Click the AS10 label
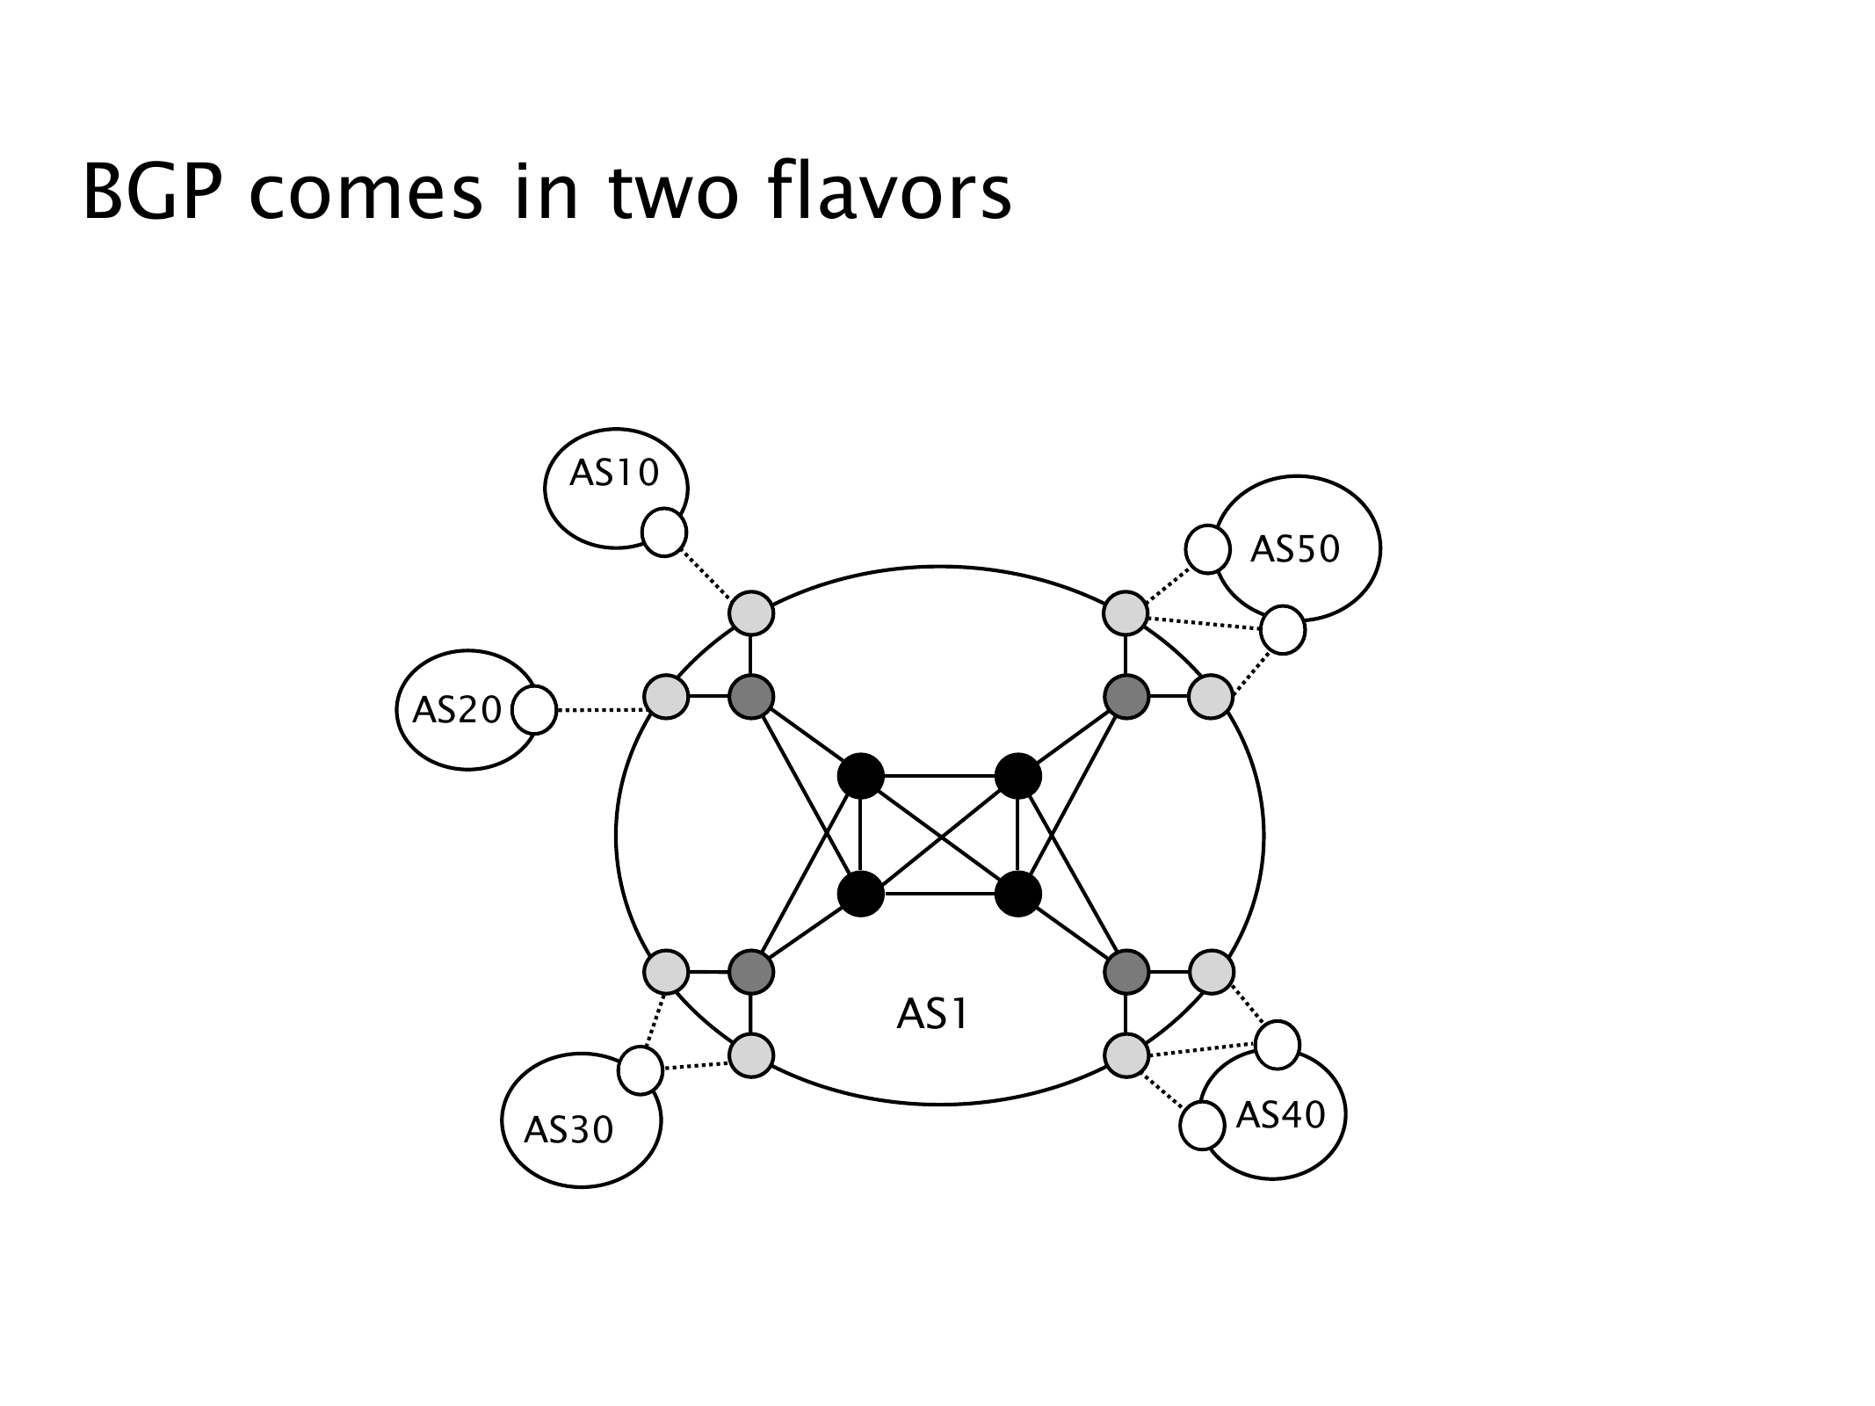(614, 475)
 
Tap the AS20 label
(457, 710)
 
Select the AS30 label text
(568, 1130)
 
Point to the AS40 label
(1280, 1115)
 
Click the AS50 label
(1295, 549)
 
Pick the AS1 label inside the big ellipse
(932, 1015)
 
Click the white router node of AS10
(664, 533)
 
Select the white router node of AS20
(534, 710)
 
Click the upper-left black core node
(861, 776)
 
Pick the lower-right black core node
(1018, 895)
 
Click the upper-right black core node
(1018, 776)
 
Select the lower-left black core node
(861, 895)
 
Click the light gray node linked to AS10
(751, 612)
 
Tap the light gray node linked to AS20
(666, 698)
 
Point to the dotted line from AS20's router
(600, 710)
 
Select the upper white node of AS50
(1207, 549)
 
